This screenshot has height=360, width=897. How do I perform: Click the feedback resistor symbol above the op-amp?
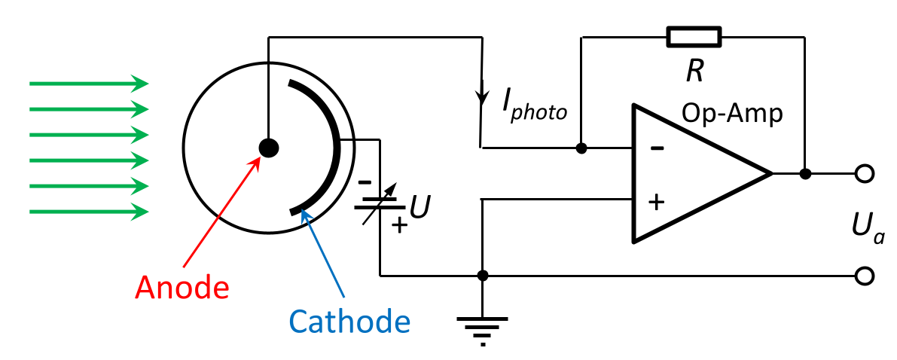coord(694,36)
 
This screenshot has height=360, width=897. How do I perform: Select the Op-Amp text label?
coord(732,114)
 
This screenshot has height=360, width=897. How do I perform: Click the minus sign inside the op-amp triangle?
coord(657,148)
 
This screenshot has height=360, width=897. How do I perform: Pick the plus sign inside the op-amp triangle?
coord(657,202)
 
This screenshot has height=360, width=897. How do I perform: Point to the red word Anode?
coord(182,288)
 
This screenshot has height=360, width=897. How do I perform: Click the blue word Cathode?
coord(349,322)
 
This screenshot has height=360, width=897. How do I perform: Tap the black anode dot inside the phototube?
coord(268,148)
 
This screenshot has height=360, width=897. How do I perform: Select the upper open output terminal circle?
coord(865,174)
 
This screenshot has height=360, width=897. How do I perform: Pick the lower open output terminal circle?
coord(865,276)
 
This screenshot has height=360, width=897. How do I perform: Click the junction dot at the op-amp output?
coord(805,174)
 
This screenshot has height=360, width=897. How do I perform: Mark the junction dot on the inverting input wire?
coord(581,148)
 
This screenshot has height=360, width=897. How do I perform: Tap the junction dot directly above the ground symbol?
coord(483,276)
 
